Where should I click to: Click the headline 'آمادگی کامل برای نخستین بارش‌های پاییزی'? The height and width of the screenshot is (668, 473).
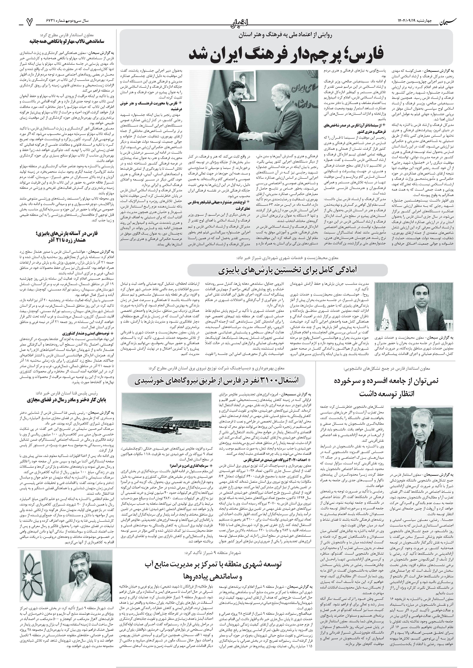coord(287,271)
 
